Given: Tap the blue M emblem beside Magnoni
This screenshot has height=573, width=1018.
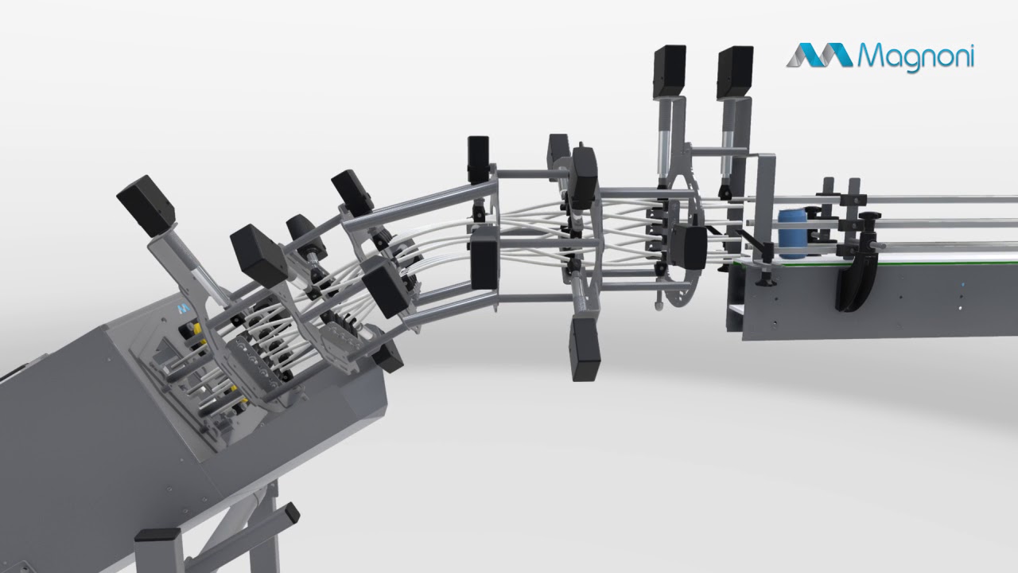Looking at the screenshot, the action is pyautogui.click(x=819, y=55).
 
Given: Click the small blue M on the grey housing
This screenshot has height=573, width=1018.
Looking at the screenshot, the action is pyautogui.click(x=183, y=308).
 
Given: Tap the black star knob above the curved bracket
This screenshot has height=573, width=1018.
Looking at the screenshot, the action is pyautogui.click(x=868, y=216).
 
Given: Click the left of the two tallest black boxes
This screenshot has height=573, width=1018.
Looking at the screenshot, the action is pyautogui.click(x=669, y=72).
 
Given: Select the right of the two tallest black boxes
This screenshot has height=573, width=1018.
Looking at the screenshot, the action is pyautogui.click(x=735, y=72).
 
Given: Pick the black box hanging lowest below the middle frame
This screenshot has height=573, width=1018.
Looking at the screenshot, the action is pyautogui.click(x=585, y=349).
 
